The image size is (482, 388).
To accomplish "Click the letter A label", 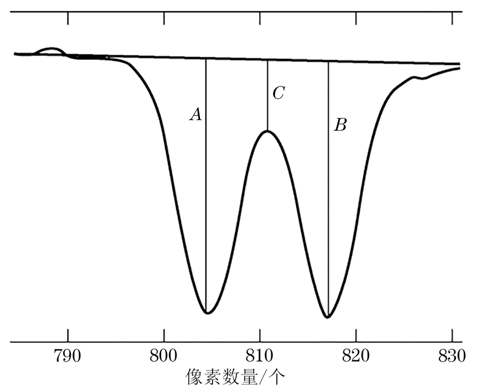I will [x=196, y=115].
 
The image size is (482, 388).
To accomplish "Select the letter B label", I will [x=340, y=125].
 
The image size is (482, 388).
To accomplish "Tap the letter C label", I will [x=278, y=93].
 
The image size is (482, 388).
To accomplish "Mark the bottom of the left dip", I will [x=206, y=313].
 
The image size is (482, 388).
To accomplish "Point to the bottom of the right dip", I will [x=329, y=317].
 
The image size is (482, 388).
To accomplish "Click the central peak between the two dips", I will [x=267, y=130].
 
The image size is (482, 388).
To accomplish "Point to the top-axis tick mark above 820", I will [x=356, y=18].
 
